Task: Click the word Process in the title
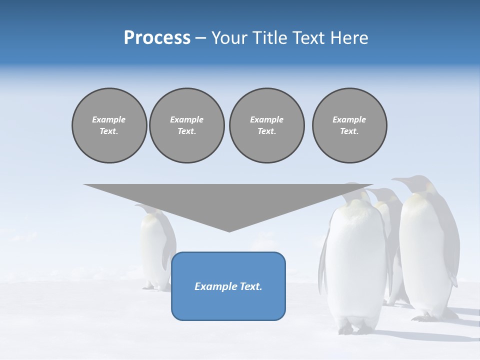(157, 38)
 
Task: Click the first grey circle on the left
(109, 125)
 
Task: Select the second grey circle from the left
(186, 125)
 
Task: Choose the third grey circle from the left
(266, 125)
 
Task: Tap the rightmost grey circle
(349, 125)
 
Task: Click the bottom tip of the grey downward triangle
(229, 230)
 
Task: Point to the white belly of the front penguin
(356, 260)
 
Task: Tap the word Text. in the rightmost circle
(349, 131)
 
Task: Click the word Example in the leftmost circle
(109, 119)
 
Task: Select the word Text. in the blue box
(251, 286)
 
